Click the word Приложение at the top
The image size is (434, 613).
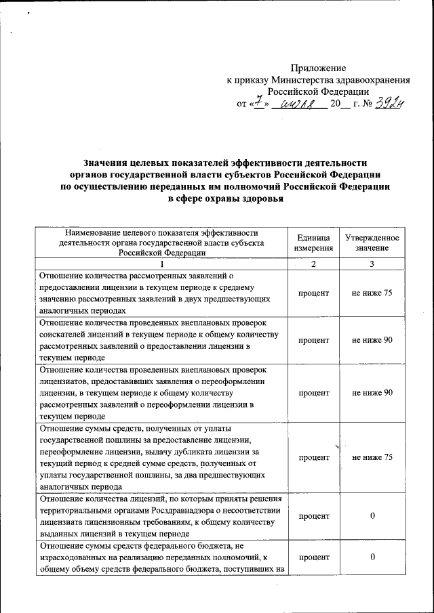(318, 68)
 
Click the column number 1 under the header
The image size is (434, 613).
(161, 264)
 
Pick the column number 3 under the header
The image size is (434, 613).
(372, 264)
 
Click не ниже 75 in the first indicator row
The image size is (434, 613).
(372, 293)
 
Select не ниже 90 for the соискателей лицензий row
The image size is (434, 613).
(372, 340)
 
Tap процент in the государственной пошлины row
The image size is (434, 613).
(313, 458)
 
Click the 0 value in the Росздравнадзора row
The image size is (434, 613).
(372, 517)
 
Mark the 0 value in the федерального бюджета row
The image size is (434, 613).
(372, 557)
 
